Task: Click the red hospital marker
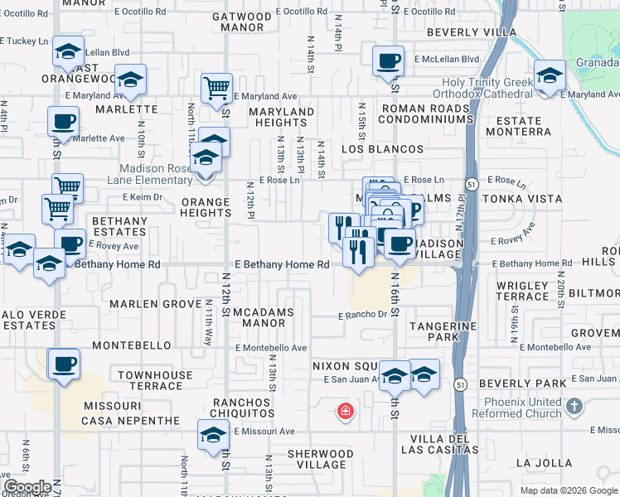(344, 410)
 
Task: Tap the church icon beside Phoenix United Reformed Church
(577, 407)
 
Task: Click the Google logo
(28, 487)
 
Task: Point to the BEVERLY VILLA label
(472, 33)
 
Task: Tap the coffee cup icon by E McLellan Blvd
(388, 60)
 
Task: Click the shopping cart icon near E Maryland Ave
(216, 86)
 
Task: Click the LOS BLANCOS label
(382, 149)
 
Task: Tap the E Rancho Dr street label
(362, 315)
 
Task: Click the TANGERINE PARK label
(453, 331)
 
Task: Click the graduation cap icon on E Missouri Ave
(213, 434)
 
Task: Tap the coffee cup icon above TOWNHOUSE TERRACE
(64, 364)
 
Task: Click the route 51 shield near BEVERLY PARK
(460, 384)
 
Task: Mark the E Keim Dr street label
(143, 197)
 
